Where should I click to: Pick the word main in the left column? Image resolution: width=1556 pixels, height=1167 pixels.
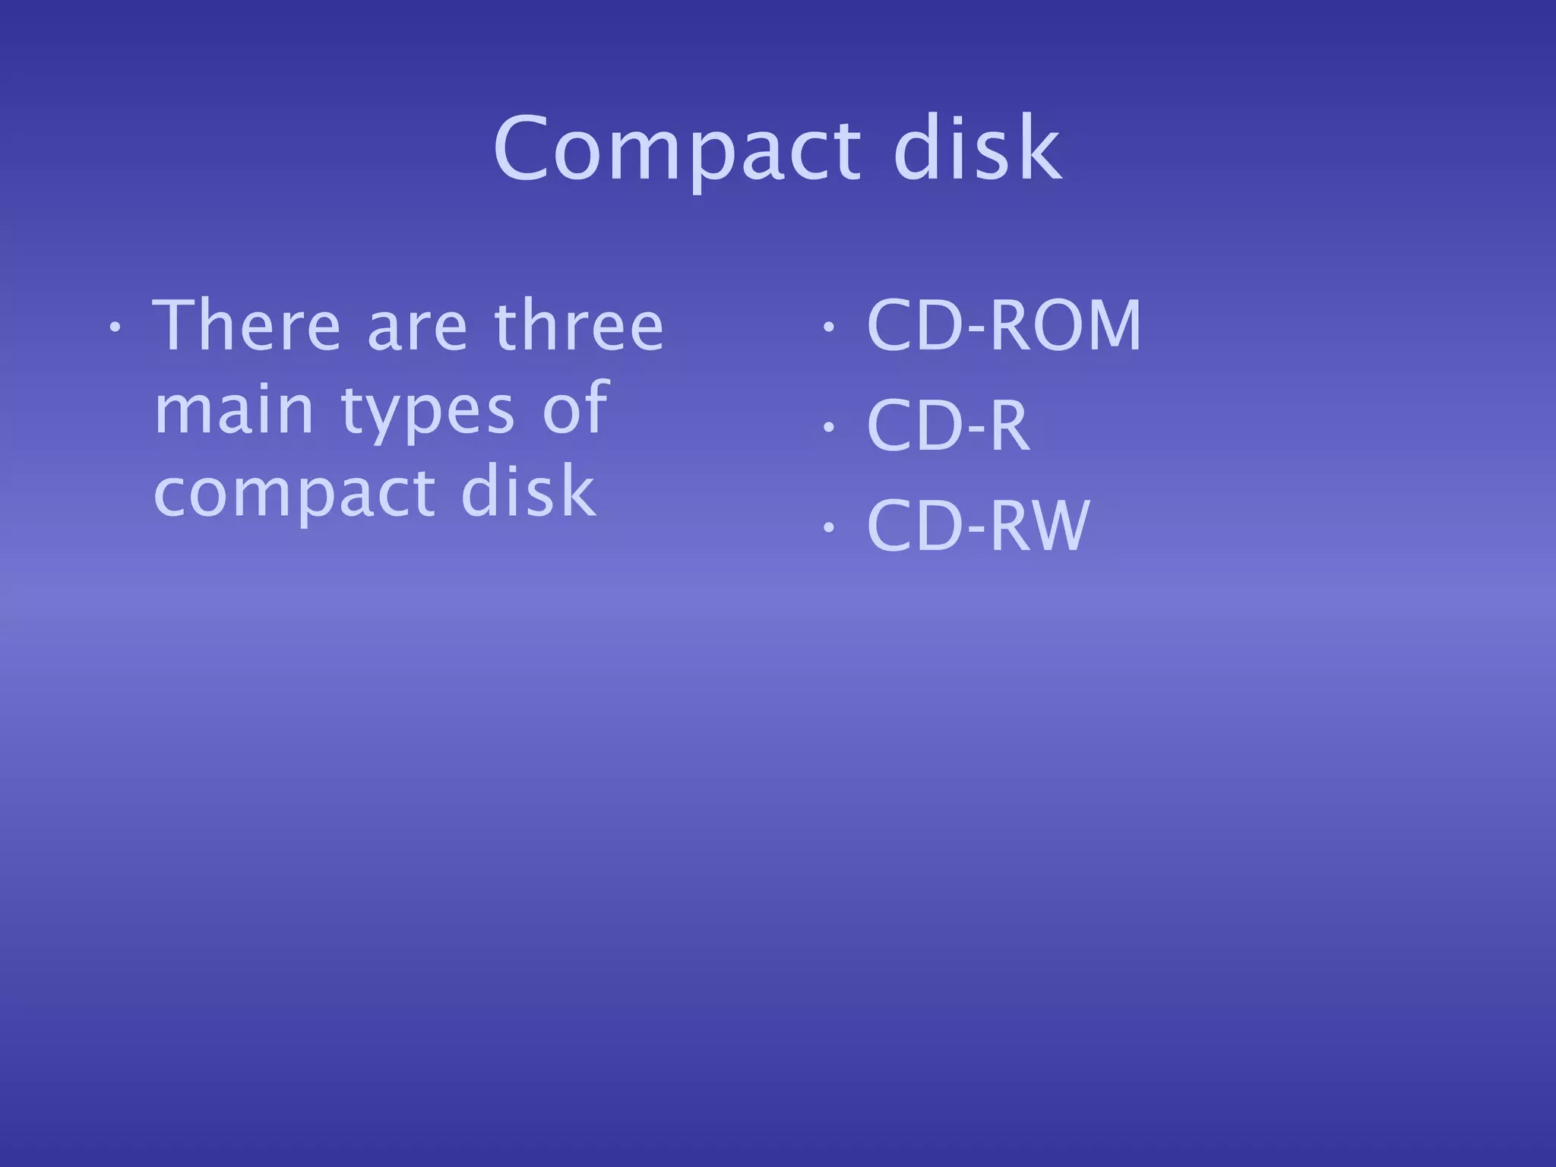(234, 410)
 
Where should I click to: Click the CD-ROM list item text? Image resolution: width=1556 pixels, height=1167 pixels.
(1004, 326)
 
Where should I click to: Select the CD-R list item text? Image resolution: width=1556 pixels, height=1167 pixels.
(947, 425)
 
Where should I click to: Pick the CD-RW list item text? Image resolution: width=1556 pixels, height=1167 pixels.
(978, 526)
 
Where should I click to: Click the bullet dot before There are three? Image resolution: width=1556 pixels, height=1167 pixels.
(114, 327)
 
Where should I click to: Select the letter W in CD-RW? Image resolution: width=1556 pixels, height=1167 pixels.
(1061, 526)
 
